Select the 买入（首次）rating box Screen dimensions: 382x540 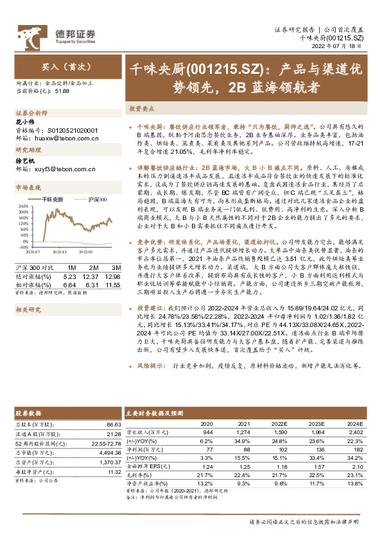57,66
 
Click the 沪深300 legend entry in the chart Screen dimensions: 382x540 92,200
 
